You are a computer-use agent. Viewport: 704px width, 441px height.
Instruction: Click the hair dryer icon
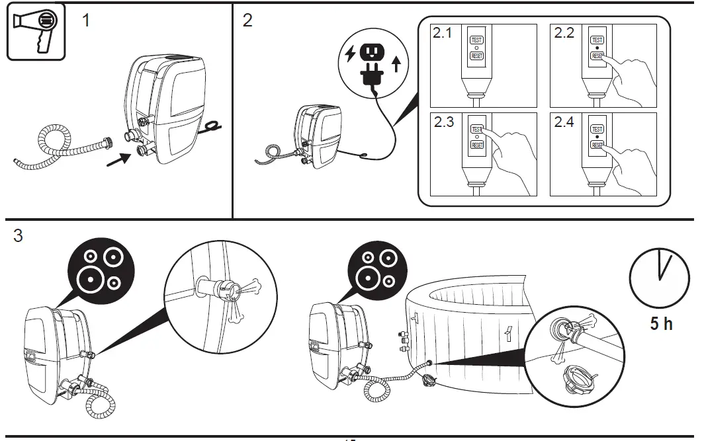coord(36,31)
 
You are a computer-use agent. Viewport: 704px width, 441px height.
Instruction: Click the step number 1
coord(86,20)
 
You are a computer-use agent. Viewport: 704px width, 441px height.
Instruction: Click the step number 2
coord(247,20)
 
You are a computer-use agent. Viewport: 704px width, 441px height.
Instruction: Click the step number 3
coord(18,236)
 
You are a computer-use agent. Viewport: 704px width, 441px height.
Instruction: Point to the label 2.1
coord(442,32)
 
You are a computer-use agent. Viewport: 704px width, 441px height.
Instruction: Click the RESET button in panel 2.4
coord(597,145)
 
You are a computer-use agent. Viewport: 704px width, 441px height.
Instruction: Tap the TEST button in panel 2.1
coord(476,40)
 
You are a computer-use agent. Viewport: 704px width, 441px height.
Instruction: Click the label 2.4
coord(564,122)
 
